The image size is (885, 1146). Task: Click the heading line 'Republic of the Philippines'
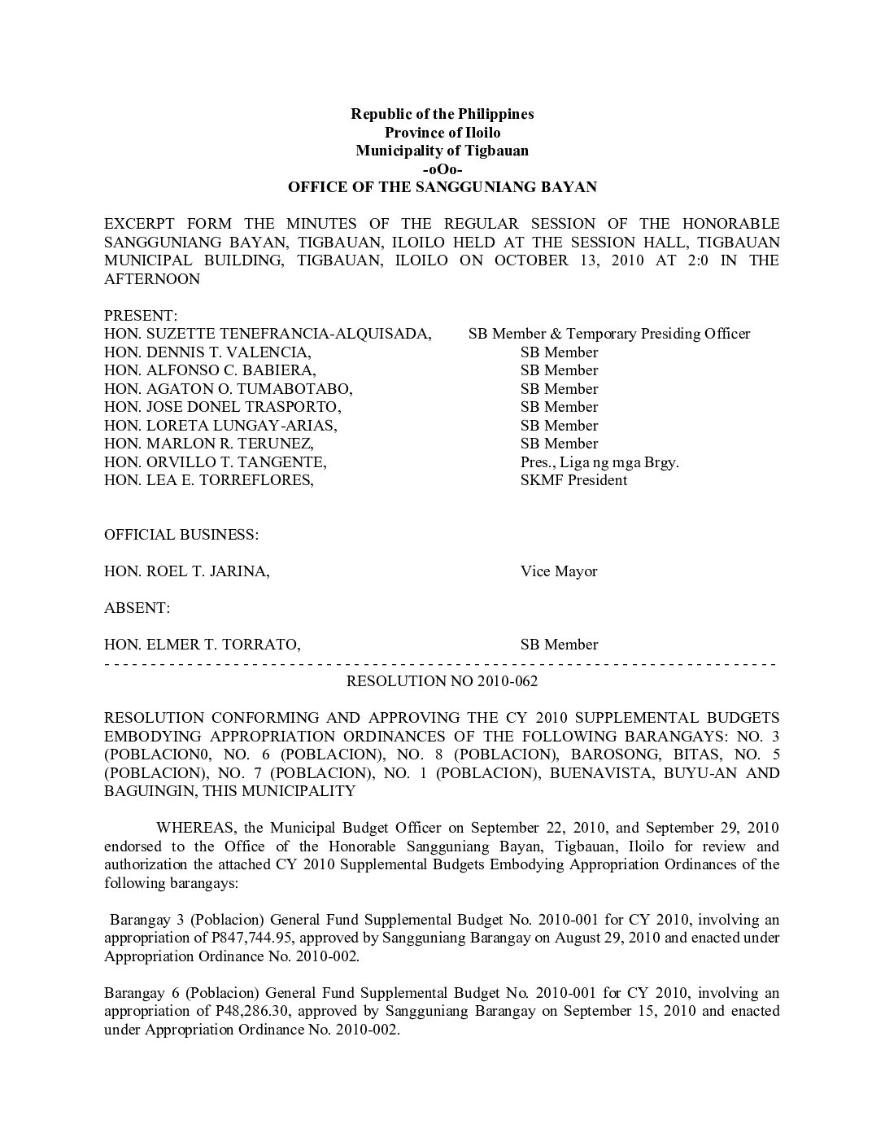pos(442,114)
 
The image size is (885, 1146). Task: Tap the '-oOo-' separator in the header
pos(442,169)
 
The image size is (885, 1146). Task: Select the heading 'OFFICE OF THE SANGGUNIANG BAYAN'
pos(442,187)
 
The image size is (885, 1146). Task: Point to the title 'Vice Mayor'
pos(559,571)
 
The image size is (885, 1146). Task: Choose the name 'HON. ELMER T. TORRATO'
pos(202,645)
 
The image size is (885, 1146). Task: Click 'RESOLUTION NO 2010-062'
pos(442,681)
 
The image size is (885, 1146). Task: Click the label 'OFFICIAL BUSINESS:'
pos(181,535)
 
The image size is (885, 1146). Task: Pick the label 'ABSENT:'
pos(137,608)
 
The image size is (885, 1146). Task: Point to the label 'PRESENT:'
pos(141,316)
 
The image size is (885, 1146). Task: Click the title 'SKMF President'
pos(573,480)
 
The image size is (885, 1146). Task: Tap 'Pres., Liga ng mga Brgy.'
pos(599,462)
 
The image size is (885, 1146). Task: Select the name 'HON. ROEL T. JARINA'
pos(186,571)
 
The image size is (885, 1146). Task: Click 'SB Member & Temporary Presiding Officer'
pos(608,334)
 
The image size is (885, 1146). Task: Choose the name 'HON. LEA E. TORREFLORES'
pos(208,480)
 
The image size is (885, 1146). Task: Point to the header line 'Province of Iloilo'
pos(442,133)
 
